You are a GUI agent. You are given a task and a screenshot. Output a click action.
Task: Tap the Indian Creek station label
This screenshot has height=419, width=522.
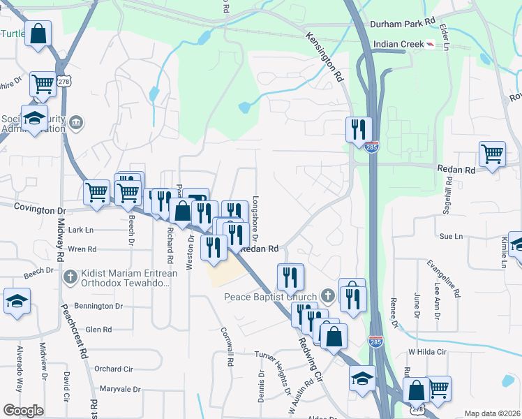(x=399, y=44)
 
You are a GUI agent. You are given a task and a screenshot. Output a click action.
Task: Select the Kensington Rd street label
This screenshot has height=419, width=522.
(x=325, y=55)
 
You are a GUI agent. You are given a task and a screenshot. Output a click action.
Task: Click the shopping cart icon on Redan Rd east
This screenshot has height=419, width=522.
(x=492, y=154)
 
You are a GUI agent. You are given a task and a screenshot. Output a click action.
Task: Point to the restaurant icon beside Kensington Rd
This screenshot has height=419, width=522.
(x=358, y=128)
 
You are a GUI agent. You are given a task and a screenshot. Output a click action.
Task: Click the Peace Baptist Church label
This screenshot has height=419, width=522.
(x=270, y=297)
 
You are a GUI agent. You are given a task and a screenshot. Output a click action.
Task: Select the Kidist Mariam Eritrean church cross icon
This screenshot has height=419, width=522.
(x=68, y=278)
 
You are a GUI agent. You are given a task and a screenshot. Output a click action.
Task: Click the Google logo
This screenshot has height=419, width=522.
(x=23, y=411)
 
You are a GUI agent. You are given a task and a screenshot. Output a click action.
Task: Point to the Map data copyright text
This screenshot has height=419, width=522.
(x=492, y=413)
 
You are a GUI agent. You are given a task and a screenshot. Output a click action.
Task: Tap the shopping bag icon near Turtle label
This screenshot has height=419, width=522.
(x=38, y=34)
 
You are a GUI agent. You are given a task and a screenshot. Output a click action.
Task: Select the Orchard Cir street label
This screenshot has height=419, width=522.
(x=114, y=369)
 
